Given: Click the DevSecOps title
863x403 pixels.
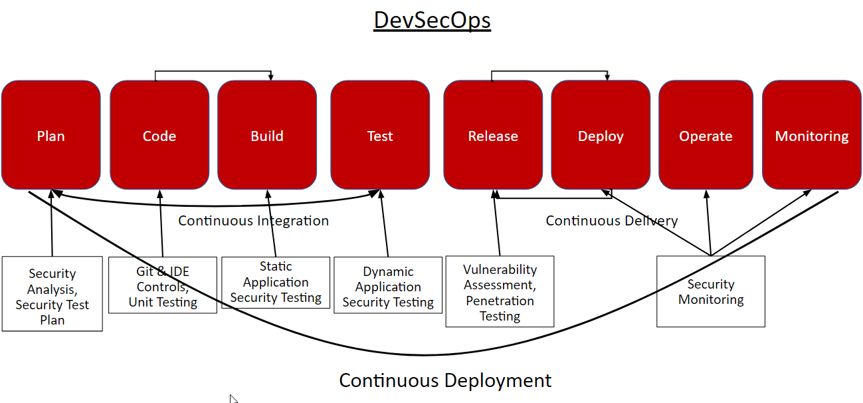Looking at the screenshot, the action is coord(432,21).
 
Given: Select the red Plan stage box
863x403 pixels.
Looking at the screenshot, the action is coord(51,135).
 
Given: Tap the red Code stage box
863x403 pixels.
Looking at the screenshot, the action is coord(159,135).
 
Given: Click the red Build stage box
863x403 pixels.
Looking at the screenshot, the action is coord(267,135).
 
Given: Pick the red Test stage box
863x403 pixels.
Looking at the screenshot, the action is coord(380,135).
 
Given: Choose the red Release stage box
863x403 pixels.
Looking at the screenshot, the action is coord(493,135).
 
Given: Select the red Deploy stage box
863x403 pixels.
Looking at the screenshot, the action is coord(601,135).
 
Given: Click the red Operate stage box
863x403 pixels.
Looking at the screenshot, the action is coord(706,135).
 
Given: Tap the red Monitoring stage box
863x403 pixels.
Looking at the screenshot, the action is coord(812,135).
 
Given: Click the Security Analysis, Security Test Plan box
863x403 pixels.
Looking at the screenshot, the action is coord(52,294).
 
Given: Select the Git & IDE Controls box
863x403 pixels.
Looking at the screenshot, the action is coord(163,285).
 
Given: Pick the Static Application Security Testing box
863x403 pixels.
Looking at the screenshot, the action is coord(276,283).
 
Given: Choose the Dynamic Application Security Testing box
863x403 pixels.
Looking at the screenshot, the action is coord(388,285).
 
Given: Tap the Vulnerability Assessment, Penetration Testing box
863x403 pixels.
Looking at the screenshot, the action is coord(500,291).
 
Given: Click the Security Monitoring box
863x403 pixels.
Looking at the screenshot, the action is coord(711,291).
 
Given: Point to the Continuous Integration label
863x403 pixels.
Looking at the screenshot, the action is coord(254,221).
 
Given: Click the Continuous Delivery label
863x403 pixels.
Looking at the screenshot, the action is coord(612,221).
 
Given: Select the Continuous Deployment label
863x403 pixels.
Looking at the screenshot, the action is coord(445,380).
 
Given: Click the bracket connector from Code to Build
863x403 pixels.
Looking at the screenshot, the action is coord(213,71).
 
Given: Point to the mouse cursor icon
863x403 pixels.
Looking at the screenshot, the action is coord(233,399).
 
